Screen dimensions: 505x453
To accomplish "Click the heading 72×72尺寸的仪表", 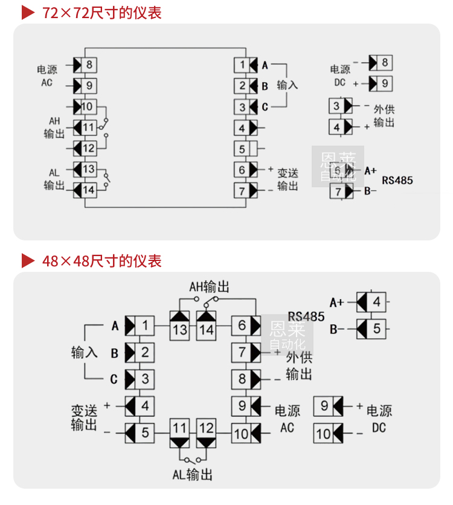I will [x=102, y=12].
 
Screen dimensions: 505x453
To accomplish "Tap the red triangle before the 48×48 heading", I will [x=28, y=261].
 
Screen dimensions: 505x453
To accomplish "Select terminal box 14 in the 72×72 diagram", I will [x=89, y=190].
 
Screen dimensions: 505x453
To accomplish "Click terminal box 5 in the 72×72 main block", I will [x=242, y=149].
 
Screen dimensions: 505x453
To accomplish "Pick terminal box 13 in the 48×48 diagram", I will [x=179, y=329].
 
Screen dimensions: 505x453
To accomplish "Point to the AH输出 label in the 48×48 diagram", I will [x=209, y=286].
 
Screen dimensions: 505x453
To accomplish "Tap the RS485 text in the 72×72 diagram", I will [x=397, y=180].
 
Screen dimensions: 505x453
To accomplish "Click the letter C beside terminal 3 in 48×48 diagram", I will [x=114, y=380].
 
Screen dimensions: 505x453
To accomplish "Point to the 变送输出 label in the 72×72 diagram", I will [x=288, y=179].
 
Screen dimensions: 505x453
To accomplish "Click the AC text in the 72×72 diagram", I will [x=47, y=82].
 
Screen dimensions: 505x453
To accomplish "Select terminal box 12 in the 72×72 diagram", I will [x=89, y=149].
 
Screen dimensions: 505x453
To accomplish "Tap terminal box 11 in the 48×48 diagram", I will [x=179, y=428].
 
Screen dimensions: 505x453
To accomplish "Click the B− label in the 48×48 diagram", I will [x=337, y=329].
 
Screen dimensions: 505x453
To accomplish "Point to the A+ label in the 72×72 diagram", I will [x=370, y=171].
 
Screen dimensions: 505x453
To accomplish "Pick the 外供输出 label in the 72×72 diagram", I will [x=384, y=116].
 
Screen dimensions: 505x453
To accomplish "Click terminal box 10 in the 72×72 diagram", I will [x=88, y=107].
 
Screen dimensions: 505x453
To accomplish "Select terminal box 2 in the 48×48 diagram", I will [x=145, y=352].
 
